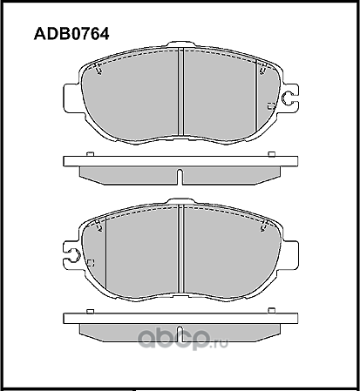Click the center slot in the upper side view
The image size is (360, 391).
pos(179,177)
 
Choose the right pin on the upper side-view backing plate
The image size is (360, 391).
pos(271,154)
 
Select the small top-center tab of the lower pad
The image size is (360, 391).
pos(179,206)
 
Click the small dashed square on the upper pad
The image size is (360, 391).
pos(269,105)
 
